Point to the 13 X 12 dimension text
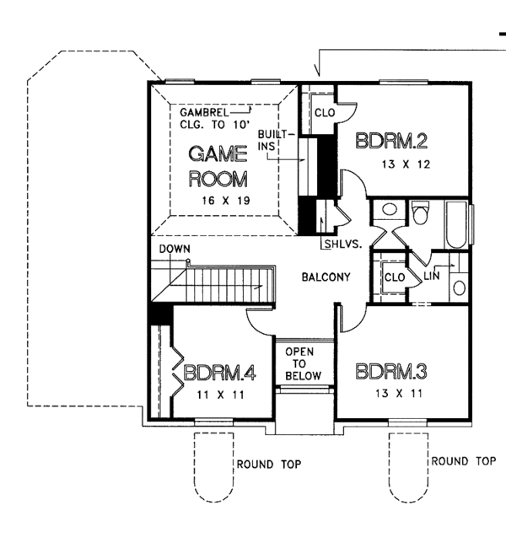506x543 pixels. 405,164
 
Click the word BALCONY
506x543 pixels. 326,277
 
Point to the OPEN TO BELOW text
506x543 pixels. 299,363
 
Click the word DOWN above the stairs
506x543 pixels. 174,250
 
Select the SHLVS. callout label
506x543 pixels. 342,245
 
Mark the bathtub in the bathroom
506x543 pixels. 455,224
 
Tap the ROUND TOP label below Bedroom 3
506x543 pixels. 462,461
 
